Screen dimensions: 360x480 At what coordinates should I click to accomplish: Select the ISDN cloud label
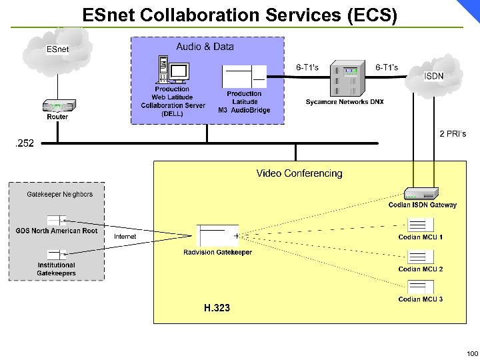click(x=434, y=76)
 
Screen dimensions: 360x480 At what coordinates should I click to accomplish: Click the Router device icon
click(x=58, y=105)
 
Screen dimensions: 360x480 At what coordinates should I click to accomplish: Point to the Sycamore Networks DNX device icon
click(x=345, y=81)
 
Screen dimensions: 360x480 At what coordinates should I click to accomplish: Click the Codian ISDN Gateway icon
click(x=423, y=194)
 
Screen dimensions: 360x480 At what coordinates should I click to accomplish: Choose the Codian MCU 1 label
click(x=420, y=237)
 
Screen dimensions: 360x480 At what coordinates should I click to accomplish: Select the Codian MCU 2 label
click(x=420, y=269)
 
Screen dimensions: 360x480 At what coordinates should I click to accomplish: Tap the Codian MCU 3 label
click(x=420, y=299)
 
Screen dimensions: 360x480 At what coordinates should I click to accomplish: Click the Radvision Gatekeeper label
click(x=218, y=252)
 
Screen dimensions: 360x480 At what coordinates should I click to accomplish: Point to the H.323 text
click(x=217, y=308)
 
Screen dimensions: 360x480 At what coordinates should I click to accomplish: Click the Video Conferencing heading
click(x=299, y=173)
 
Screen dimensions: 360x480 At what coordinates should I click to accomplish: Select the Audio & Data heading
click(x=205, y=47)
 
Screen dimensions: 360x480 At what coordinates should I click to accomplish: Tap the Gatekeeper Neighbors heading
click(x=60, y=195)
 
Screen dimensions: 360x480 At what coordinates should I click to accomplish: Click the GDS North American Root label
click(x=57, y=231)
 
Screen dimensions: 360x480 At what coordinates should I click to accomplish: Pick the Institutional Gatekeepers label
click(x=57, y=269)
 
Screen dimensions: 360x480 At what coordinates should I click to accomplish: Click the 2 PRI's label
click(x=452, y=134)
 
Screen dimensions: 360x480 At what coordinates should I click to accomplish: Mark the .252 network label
click(x=25, y=143)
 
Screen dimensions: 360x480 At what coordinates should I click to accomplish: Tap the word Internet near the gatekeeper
click(x=125, y=237)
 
